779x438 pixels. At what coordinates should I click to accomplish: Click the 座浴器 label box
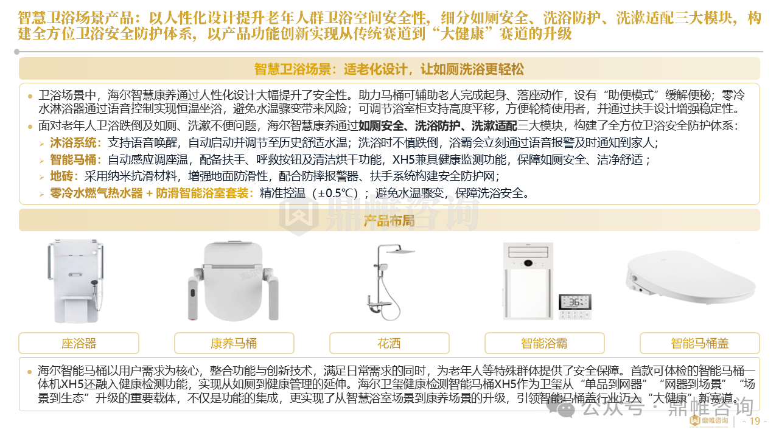[79, 343]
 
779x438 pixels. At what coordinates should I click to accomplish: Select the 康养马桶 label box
[234, 343]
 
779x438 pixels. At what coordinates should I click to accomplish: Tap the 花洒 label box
[389, 343]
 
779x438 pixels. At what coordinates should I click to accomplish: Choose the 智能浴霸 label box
[544, 343]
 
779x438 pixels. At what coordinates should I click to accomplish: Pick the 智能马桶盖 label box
[700, 343]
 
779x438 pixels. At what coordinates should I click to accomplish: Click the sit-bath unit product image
[75, 281]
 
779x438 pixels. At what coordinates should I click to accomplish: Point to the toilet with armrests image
[233, 281]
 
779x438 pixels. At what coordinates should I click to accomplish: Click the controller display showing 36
[575, 302]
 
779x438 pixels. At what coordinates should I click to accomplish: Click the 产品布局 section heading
[389, 220]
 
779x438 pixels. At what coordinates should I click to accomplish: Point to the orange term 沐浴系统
[73, 142]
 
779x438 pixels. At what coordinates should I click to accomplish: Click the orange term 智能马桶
[73, 159]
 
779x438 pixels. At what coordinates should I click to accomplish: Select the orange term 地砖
[61, 176]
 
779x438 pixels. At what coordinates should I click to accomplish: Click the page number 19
[755, 421]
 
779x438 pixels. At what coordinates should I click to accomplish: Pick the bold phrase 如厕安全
[381, 125]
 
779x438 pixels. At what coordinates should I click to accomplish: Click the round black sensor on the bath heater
[528, 263]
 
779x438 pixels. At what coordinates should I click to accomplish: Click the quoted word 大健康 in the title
[462, 34]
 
